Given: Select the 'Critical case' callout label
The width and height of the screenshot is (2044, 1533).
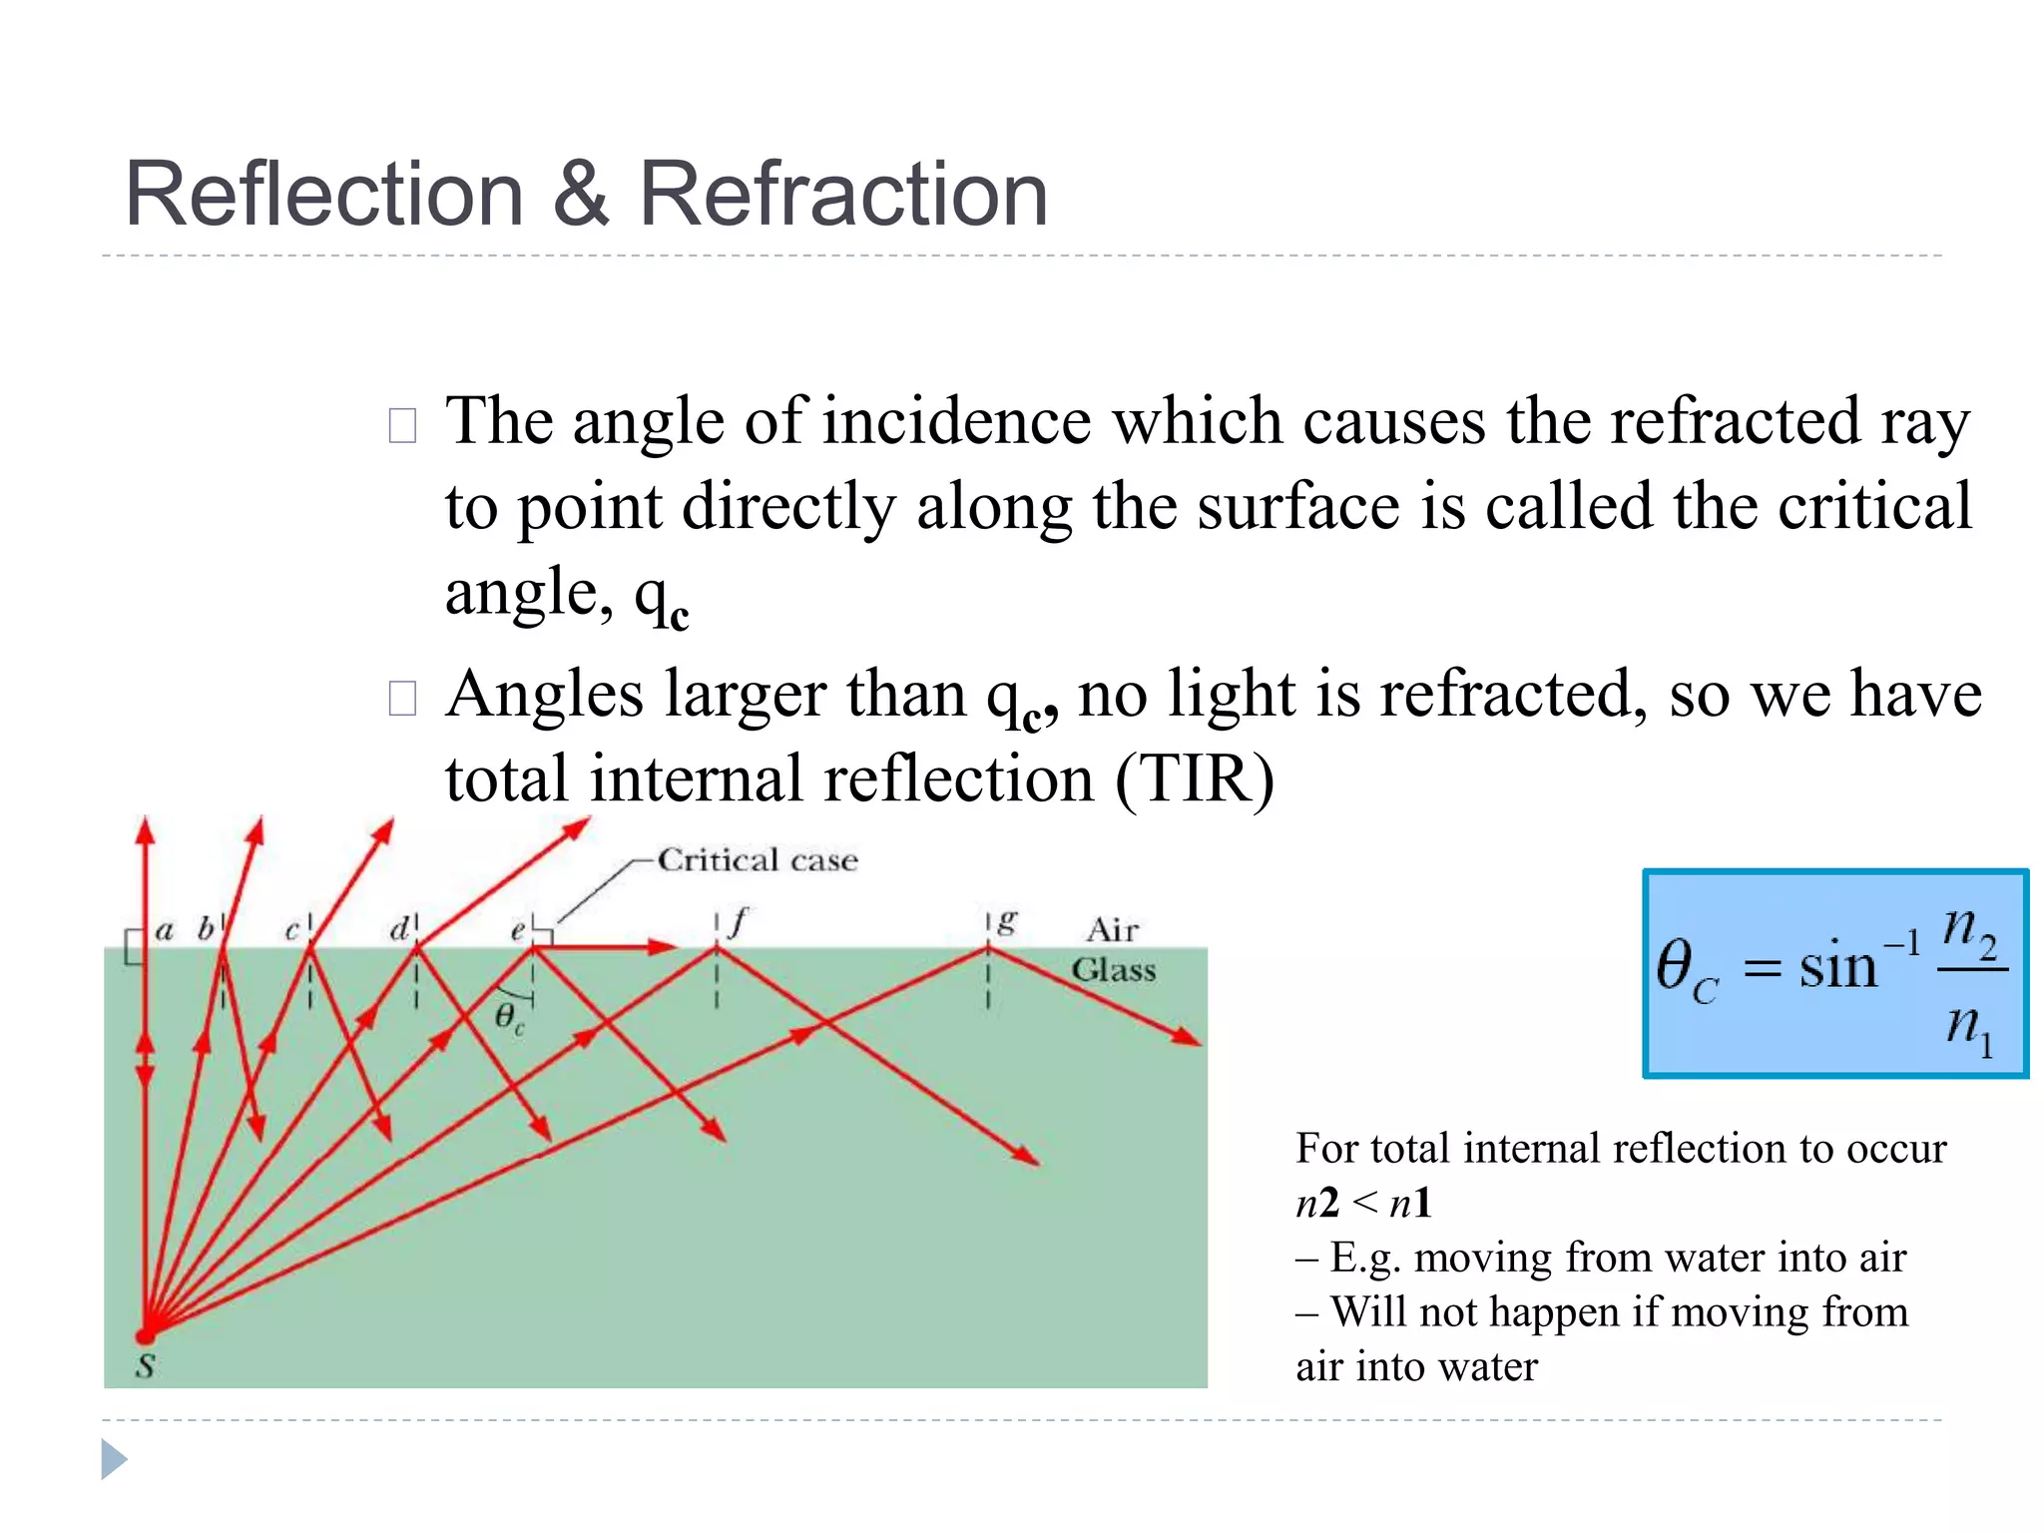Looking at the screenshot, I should [x=758, y=860].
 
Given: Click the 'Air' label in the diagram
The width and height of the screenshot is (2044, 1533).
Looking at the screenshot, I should [x=1112, y=930].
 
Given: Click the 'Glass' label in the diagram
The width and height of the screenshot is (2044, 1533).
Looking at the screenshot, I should [x=1114, y=970].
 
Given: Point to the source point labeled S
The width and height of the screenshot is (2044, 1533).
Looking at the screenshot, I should [x=146, y=1335].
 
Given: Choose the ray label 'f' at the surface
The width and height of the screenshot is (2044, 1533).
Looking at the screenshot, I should [x=738, y=922].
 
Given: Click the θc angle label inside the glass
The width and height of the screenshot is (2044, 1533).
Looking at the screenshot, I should [x=509, y=1018].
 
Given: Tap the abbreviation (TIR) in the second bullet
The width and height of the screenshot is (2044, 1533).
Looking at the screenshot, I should [x=1194, y=778].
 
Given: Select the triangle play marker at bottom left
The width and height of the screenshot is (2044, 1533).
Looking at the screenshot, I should [x=114, y=1460].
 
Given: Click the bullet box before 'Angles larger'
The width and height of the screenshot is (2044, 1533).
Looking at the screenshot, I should [x=402, y=698].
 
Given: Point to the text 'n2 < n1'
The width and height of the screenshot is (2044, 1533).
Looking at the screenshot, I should [x=1363, y=1203].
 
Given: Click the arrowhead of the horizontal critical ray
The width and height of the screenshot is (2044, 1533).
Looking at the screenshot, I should [x=664, y=946].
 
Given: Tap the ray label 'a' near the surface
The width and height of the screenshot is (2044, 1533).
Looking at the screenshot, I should [x=165, y=931].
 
